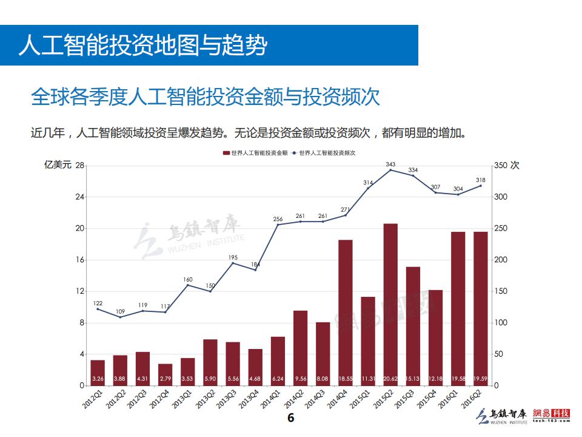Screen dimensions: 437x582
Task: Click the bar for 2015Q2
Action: coord(390,303)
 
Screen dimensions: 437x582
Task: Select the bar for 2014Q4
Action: coord(346,312)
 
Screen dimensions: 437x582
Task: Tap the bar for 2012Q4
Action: coord(165,374)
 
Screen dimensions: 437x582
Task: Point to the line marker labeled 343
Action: coord(390,170)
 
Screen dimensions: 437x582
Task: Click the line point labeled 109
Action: coord(120,317)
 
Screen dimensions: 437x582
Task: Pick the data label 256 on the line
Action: coord(278,219)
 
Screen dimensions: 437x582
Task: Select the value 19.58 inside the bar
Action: coord(458,379)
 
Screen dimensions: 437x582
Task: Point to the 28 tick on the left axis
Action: coord(80,166)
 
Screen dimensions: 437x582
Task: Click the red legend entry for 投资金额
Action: coord(255,153)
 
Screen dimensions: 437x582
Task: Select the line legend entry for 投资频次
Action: coord(324,153)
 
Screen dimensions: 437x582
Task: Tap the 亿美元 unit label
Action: coord(58,165)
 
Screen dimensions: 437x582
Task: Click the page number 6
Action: coord(290,418)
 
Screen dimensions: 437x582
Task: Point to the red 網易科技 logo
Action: coord(552,415)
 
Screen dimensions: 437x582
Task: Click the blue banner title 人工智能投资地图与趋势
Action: coord(142,46)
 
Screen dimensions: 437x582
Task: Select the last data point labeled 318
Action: coord(481,186)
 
